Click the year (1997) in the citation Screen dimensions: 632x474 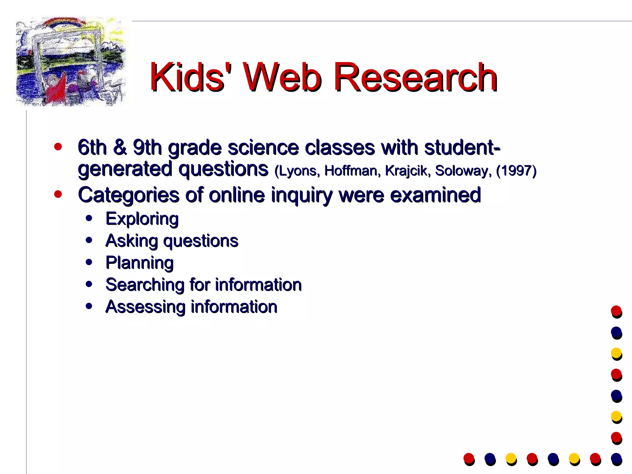(x=516, y=171)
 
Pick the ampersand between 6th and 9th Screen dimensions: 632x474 (x=120, y=147)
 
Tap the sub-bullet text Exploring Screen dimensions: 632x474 (x=142, y=219)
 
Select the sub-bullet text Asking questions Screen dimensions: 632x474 (x=172, y=241)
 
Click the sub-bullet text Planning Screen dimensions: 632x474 (x=139, y=263)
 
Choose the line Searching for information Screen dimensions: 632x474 (x=203, y=285)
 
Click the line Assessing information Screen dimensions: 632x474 (x=191, y=307)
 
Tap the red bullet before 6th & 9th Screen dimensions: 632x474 (x=58, y=147)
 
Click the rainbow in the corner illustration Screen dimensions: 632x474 (x=65, y=22)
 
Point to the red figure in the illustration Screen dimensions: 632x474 (x=57, y=88)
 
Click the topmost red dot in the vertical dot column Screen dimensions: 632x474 (x=616, y=311)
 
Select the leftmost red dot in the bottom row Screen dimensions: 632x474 (x=468, y=458)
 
